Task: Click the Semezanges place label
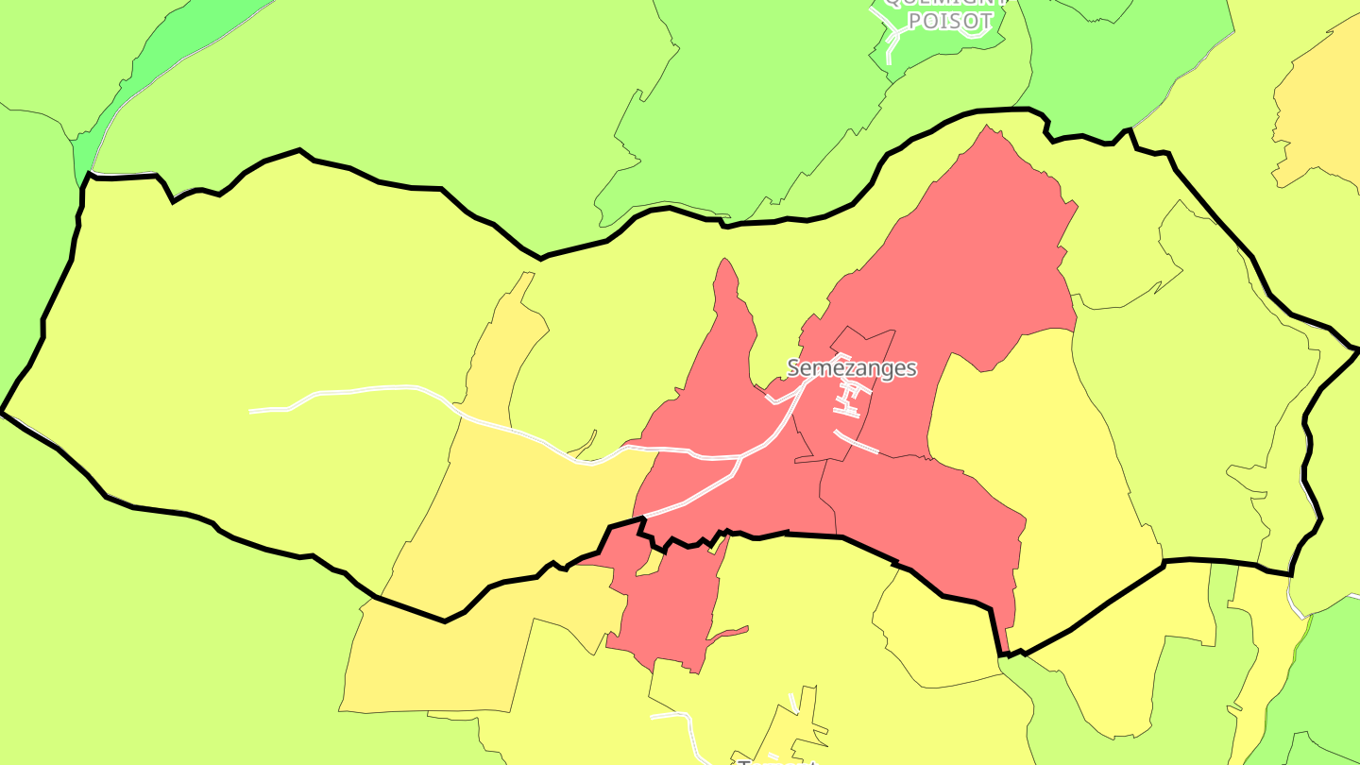point(852,367)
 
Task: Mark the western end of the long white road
point(252,411)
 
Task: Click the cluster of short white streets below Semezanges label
point(846,399)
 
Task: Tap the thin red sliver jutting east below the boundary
point(729,632)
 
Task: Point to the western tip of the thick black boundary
point(3,412)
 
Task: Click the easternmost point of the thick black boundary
point(1357,349)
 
